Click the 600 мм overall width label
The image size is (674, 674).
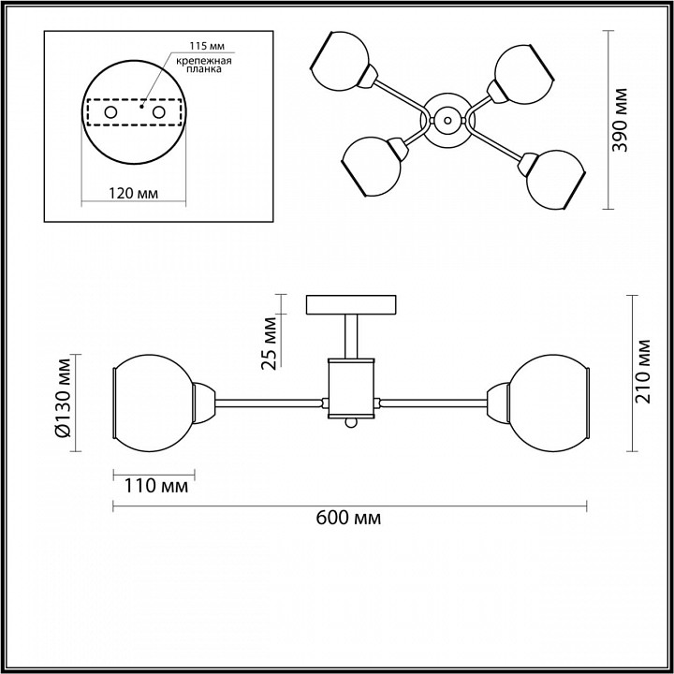point(348,519)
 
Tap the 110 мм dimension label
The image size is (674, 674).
point(156,486)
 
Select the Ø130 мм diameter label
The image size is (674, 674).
point(64,398)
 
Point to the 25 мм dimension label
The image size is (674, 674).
point(269,343)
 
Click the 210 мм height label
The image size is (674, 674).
point(643,372)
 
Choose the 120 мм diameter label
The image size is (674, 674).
point(133,194)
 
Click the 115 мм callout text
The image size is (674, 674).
point(207,45)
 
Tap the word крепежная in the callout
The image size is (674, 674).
point(204,61)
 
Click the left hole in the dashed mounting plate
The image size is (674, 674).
point(110,112)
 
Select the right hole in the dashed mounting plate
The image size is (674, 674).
point(158,112)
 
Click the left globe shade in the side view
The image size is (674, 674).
point(154,403)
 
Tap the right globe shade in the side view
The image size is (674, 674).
point(549,403)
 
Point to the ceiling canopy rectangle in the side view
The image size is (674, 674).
point(351,304)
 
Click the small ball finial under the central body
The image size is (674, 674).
point(351,423)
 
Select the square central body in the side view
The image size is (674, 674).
point(351,388)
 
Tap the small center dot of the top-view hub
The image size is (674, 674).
point(447,121)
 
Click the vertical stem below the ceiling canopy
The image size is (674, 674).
point(351,336)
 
